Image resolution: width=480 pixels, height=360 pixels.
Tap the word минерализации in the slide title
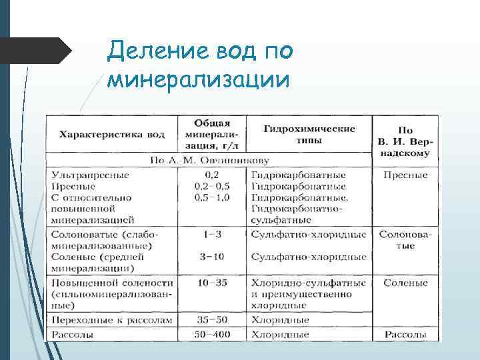199,80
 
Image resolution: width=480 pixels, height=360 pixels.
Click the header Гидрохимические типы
309,134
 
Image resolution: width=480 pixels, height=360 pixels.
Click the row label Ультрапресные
90,175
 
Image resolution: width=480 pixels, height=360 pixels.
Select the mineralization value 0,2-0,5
211,186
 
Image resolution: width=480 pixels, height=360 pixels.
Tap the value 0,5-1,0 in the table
211,197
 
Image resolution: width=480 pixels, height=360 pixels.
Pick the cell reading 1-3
212,235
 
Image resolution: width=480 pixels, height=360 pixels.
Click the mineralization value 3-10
212,257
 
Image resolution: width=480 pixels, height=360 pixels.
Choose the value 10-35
212,283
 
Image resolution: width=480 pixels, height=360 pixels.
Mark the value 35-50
212,320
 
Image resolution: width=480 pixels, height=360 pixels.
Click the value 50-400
212,333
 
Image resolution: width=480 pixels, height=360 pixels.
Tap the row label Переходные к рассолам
111,320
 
